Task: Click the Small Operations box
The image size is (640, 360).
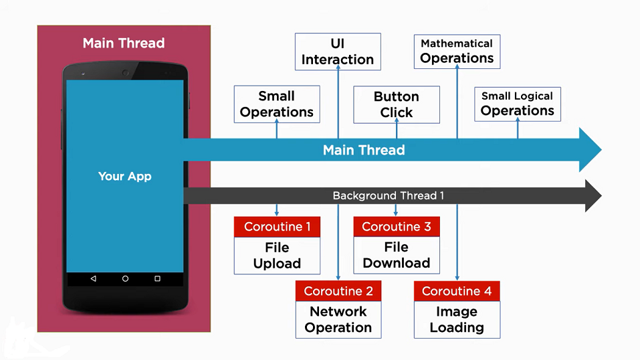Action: point(276,104)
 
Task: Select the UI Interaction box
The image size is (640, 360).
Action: point(338,52)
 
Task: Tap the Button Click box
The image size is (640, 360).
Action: point(396,104)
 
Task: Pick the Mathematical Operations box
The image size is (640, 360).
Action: point(457,52)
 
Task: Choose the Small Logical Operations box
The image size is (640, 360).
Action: point(517,104)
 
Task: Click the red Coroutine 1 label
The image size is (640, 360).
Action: point(277,227)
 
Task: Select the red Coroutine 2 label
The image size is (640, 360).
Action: point(338,291)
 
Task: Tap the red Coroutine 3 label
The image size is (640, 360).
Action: point(396,227)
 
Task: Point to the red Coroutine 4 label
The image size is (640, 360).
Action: point(457,291)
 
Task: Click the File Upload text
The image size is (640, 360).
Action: point(277,256)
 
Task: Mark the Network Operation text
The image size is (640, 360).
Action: point(338,320)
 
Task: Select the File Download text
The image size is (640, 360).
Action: point(396,256)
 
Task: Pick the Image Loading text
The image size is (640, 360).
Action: point(457,320)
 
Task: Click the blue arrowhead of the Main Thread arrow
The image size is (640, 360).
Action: point(590,150)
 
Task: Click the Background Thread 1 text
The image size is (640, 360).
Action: point(388,195)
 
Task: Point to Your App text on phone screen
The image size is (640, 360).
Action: point(125,177)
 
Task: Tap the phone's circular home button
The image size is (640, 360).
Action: point(125,278)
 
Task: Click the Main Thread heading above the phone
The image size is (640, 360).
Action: point(124,43)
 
